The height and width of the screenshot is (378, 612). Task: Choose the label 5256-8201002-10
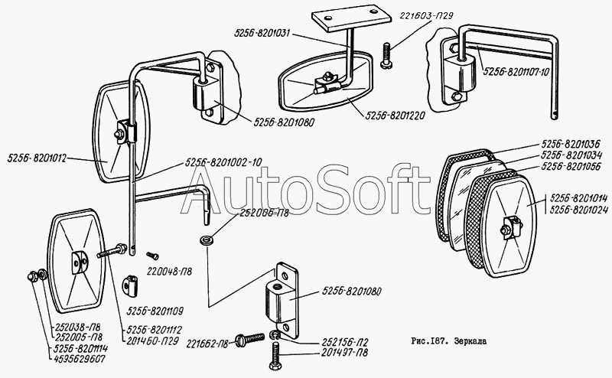tap(223, 163)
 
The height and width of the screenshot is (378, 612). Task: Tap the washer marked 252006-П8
tap(204, 241)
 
